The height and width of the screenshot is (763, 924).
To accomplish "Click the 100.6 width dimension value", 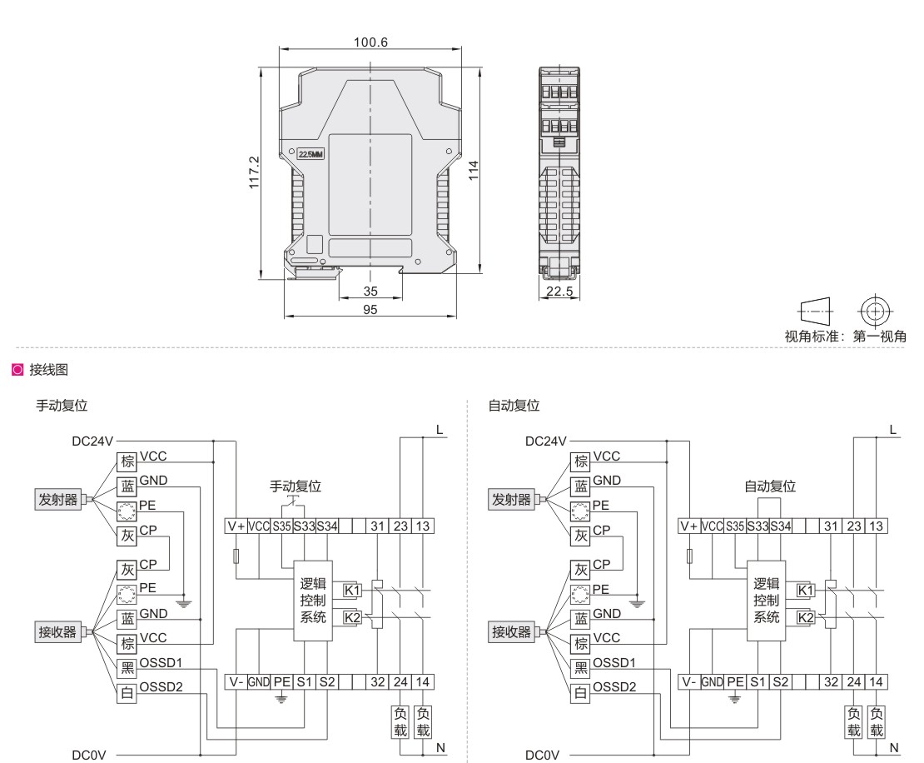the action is (370, 42).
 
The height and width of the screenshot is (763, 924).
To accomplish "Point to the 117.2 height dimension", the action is (254, 172).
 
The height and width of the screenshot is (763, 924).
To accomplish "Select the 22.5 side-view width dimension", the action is (559, 291).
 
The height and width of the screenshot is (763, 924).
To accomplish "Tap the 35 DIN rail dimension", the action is (370, 292).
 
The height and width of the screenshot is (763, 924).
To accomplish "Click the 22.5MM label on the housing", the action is (310, 154).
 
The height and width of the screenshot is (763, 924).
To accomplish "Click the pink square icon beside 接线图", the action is (17, 370).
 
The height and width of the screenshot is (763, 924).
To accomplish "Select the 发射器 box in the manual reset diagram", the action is (57, 500).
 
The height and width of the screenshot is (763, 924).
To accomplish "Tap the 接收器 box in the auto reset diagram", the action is (511, 632).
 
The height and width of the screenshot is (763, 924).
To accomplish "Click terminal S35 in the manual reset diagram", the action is (281, 526).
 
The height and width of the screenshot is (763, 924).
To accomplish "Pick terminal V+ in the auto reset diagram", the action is (689, 526).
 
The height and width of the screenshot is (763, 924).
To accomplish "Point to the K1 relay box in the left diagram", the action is (352, 591).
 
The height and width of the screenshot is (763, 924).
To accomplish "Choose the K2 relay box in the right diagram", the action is (806, 617).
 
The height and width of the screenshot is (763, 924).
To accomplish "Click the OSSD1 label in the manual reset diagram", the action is (161, 663).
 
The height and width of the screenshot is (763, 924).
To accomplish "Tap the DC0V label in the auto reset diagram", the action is (542, 756).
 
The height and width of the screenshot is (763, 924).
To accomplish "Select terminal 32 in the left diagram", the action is (378, 682).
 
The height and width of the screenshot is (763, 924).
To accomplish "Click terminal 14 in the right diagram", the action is (877, 682).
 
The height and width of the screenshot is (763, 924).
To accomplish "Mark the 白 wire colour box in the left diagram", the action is (127, 693).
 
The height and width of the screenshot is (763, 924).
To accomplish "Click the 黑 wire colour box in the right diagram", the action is (581, 668).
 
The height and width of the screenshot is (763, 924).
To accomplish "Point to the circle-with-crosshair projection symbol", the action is (875, 312).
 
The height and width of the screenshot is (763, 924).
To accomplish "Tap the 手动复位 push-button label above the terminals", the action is (296, 486).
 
